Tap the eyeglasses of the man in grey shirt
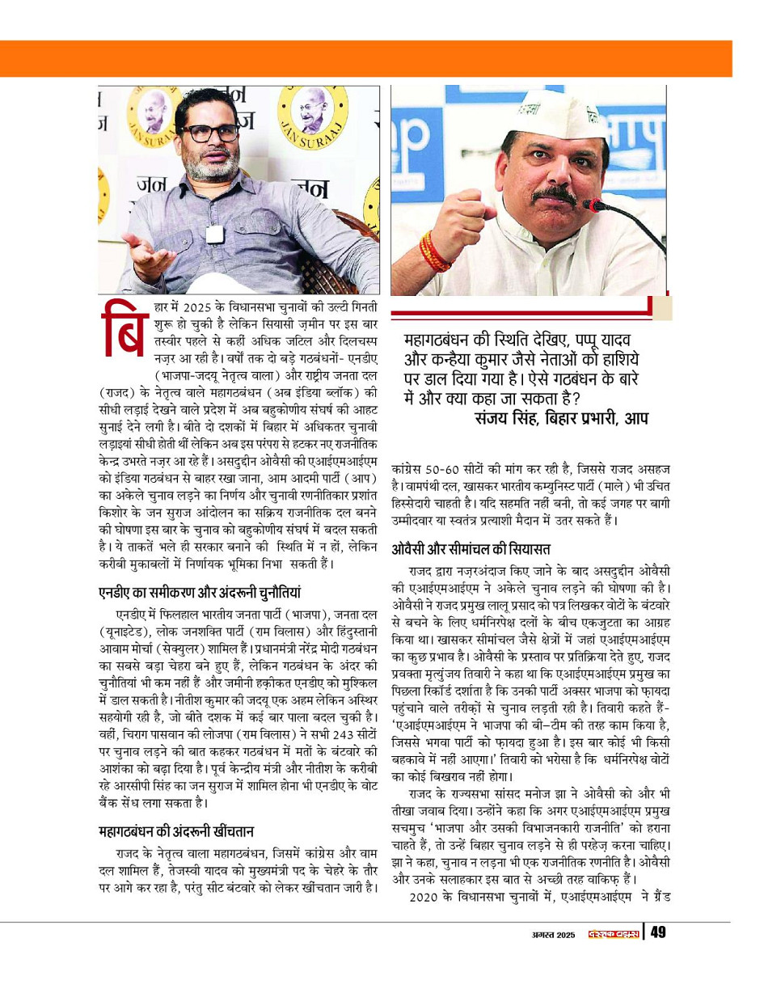click(x=209, y=132)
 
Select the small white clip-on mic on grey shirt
click(x=214, y=235)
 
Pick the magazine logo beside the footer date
click(x=609, y=935)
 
